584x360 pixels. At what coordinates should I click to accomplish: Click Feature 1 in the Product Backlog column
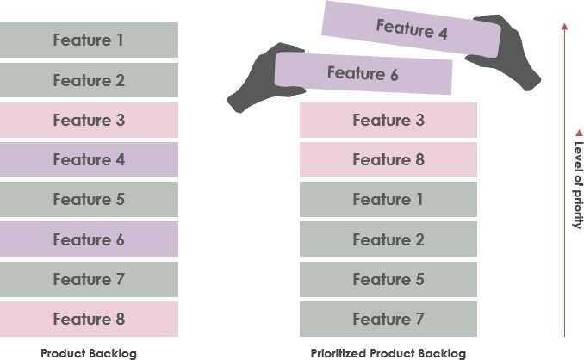[x=89, y=40]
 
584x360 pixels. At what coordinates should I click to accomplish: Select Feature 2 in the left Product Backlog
[x=89, y=80]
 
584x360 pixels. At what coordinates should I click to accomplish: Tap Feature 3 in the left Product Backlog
[x=89, y=120]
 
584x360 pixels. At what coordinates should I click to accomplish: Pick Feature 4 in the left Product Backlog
[x=89, y=159]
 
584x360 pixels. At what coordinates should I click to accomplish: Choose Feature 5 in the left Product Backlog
[x=89, y=199]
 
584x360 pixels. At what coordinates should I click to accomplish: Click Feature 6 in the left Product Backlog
[x=89, y=239]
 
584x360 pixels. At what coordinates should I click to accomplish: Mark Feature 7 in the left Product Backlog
[x=89, y=279]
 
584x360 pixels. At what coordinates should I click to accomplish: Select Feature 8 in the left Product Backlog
[x=89, y=319]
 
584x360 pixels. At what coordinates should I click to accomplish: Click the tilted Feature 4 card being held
[x=412, y=31]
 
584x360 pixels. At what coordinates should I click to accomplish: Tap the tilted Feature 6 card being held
[x=363, y=74]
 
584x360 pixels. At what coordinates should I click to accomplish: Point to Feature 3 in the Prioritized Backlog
[x=388, y=120]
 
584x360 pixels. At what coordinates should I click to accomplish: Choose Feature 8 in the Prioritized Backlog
[x=388, y=159]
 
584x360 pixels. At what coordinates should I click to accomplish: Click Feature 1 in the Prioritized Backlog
[x=388, y=199]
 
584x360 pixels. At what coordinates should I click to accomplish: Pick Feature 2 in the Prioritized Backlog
[x=388, y=239]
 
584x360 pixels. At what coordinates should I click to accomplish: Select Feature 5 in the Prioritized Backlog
[x=388, y=279]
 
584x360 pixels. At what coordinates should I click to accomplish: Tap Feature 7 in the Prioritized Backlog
[x=388, y=319]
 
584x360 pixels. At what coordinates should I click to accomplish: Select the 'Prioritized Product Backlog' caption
[x=388, y=353]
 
